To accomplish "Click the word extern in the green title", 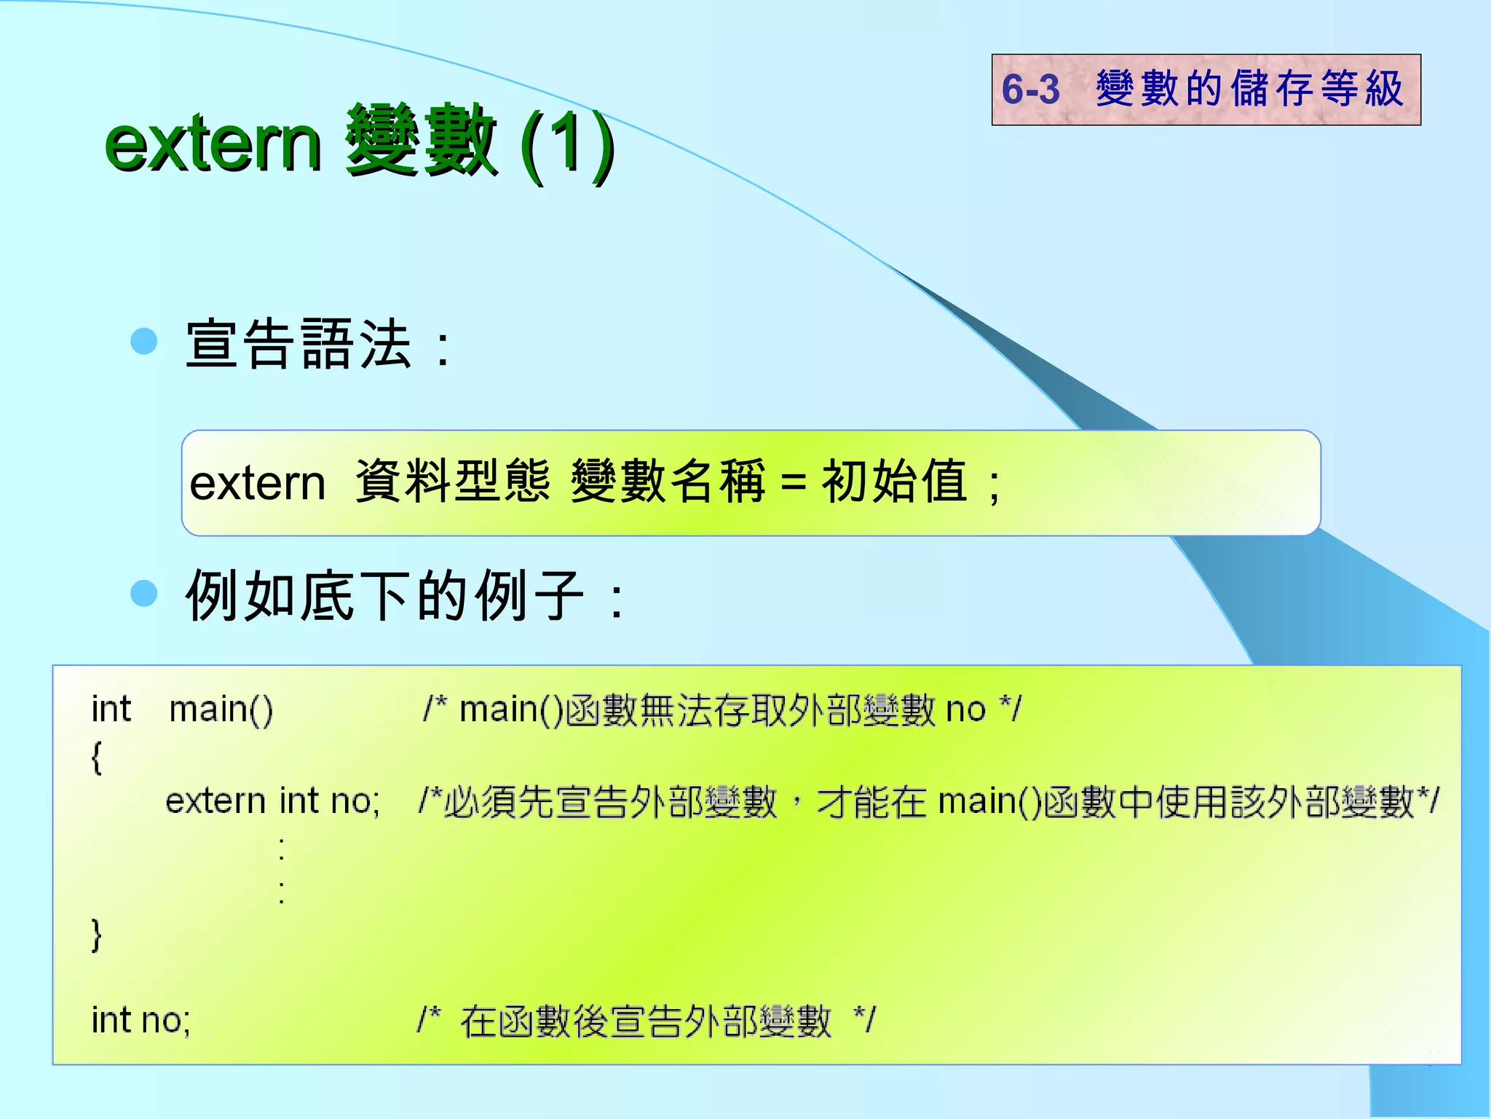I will pyautogui.click(x=213, y=144).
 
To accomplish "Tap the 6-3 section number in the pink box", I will pyautogui.click(x=1030, y=90).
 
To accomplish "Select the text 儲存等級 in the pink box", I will pyautogui.click(x=1316, y=89).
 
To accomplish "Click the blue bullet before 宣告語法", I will pyautogui.click(x=144, y=341).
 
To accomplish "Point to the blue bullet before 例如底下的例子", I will pyautogui.click(x=144, y=593).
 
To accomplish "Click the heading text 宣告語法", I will pyautogui.click(x=298, y=344).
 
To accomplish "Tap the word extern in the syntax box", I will pyautogui.click(x=257, y=483).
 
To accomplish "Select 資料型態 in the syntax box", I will pyautogui.click(x=452, y=482).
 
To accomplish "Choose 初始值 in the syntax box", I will pyautogui.click(x=895, y=482).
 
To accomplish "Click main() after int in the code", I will pyautogui.click(x=221, y=710).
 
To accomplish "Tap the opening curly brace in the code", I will pyautogui.click(x=97, y=757).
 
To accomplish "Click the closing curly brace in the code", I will pyautogui.click(x=97, y=935).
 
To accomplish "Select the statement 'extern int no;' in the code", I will pyautogui.click(x=273, y=801).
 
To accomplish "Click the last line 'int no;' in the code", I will pyautogui.click(x=141, y=1020).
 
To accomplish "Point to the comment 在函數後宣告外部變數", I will pyautogui.click(x=646, y=1021).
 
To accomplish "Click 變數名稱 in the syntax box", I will pyautogui.click(x=668, y=482).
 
